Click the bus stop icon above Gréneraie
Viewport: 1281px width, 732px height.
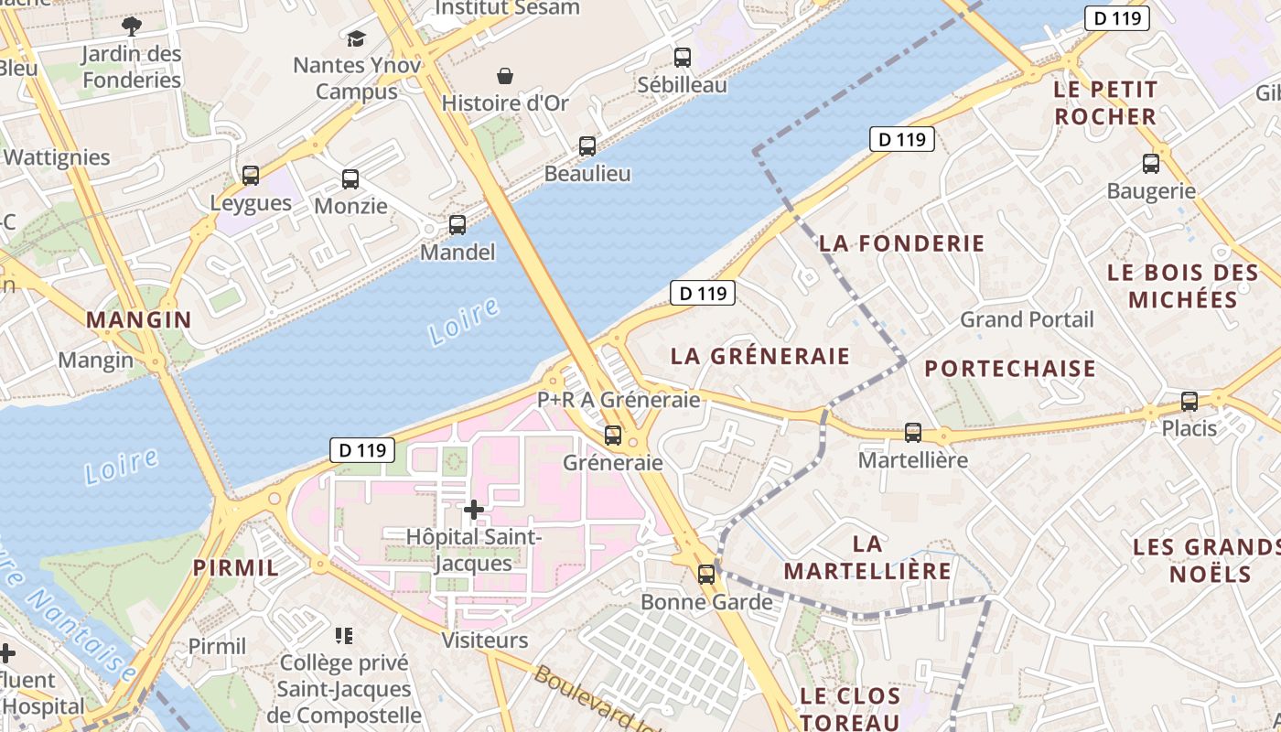(x=613, y=436)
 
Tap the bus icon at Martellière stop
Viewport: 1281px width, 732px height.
(x=912, y=433)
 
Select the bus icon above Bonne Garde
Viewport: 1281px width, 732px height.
(x=706, y=575)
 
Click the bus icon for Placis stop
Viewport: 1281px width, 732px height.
(x=1189, y=401)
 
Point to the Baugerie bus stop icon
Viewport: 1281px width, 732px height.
(x=1151, y=164)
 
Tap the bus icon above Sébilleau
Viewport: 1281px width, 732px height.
(x=683, y=58)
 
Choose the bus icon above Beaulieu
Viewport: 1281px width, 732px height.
(x=587, y=146)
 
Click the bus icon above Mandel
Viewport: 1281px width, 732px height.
(x=457, y=224)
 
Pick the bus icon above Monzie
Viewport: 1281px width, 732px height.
(x=350, y=179)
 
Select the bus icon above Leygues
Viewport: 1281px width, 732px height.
(x=251, y=176)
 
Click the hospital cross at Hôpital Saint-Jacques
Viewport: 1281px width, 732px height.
(x=474, y=509)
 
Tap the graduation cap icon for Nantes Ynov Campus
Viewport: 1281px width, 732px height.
(x=356, y=38)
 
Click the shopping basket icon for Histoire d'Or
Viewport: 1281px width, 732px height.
(x=504, y=76)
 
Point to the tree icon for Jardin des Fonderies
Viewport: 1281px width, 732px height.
(x=132, y=26)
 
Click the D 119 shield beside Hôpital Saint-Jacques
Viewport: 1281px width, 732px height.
(x=362, y=450)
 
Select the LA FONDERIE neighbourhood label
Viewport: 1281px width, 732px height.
(x=901, y=243)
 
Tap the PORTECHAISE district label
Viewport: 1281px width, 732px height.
(x=1009, y=369)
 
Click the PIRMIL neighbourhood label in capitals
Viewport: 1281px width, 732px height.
(x=236, y=567)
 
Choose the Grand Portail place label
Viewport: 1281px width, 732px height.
(x=1026, y=319)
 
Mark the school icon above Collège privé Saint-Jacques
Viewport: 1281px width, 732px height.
(x=344, y=634)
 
